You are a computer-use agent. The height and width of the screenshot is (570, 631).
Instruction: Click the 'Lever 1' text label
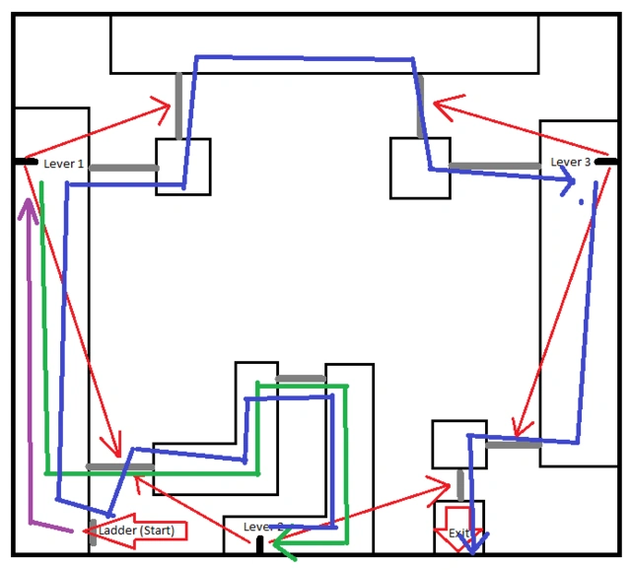tap(63, 164)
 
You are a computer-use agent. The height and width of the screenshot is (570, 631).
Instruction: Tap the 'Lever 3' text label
tap(571, 162)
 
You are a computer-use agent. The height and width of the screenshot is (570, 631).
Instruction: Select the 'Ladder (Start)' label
tap(137, 531)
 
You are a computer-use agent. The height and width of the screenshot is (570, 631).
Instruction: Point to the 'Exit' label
tap(458, 534)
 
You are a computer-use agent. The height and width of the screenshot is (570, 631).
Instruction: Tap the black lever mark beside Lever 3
tap(605, 161)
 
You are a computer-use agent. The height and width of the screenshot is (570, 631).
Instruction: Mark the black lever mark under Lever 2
tap(259, 544)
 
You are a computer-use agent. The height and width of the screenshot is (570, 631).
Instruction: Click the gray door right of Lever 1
tap(123, 168)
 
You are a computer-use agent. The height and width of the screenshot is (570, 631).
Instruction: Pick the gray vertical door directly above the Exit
tap(460, 484)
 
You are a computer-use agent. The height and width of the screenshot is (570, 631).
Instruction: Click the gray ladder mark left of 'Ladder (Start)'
tap(94, 532)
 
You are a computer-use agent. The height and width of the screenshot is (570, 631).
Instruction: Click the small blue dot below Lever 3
tap(582, 202)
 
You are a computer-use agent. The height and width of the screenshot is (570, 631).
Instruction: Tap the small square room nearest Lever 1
tap(183, 166)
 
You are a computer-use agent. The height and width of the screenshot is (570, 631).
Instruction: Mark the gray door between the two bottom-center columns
tap(301, 379)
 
